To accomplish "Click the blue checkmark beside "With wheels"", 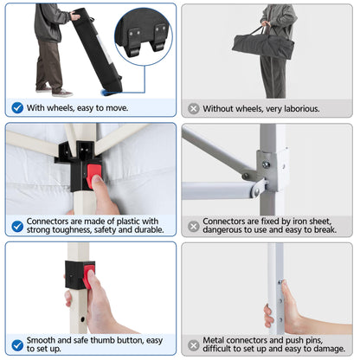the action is pos(17,108).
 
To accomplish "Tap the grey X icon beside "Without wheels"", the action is pos(194,109).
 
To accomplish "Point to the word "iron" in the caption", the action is pos(300,222).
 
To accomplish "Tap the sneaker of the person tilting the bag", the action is pos(62,93).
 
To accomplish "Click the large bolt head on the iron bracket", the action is pos(266,165).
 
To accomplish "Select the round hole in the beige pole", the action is pos(83,319).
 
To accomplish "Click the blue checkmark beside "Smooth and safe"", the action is pos(17,345).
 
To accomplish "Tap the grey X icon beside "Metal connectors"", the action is pos(194,345).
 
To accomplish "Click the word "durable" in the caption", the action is pos(149,230).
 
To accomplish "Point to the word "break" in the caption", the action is pos(325,230).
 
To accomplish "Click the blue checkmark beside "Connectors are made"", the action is pos(17,227).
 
